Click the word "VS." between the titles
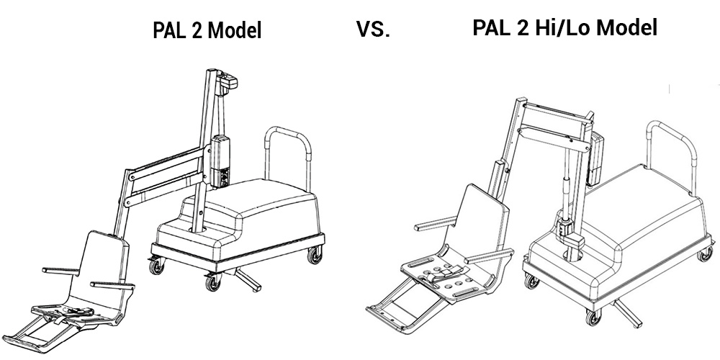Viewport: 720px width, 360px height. (x=373, y=29)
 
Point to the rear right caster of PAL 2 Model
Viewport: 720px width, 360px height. (x=315, y=255)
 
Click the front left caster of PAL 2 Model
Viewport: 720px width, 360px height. (x=156, y=266)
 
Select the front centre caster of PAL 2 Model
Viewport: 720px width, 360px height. (x=212, y=282)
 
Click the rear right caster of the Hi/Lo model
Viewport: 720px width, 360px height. (x=705, y=253)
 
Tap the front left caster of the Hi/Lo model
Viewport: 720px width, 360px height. (x=531, y=281)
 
